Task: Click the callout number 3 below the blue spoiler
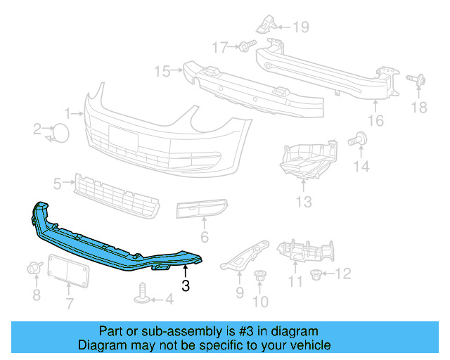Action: click(185, 285)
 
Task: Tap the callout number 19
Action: click(301, 27)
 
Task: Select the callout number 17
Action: click(220, 47)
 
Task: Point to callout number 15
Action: click(162, 70)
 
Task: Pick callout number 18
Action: click(419, 107)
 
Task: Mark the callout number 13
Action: click(303, 202)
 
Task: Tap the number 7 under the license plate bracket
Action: click(70, 304)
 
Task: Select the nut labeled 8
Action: click(33, 268)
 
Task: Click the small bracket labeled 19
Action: click(266, 23)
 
